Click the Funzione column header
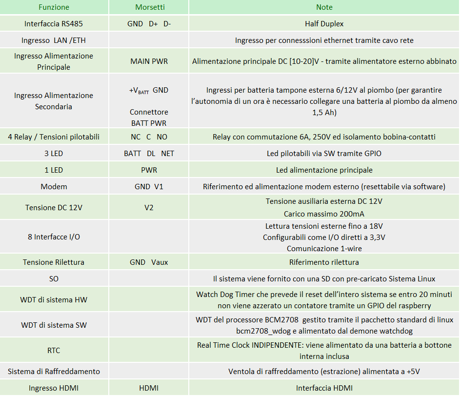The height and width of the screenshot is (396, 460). point(54,7)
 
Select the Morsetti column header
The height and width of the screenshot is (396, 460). point(149,7)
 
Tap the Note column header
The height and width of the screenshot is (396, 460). point(324,7)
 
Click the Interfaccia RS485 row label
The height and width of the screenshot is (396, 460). point(54,23)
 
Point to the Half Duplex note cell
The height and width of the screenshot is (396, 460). point(324,23)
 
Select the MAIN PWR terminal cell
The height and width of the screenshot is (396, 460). point(149,61)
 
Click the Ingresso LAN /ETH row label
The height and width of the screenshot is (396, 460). point(54,40)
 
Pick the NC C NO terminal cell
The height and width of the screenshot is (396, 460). point(149,137)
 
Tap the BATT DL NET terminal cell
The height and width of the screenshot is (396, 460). point(149,154)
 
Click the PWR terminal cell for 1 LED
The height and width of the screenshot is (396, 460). point(149,170)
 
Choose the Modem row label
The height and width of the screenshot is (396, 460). point(54,187)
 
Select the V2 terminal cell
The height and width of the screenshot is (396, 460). point(149,208)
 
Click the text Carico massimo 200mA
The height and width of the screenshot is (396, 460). point(324,214)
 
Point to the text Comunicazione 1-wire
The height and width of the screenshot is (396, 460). point(324,248)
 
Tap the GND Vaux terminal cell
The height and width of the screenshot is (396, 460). point(149,262)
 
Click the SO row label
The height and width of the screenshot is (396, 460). point(54,279)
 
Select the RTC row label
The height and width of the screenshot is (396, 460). point(54,351)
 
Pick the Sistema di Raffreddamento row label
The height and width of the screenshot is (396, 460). point(54,372)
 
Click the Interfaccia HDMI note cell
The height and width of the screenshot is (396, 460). point(324,388)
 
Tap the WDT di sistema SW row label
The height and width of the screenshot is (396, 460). point(54,325)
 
